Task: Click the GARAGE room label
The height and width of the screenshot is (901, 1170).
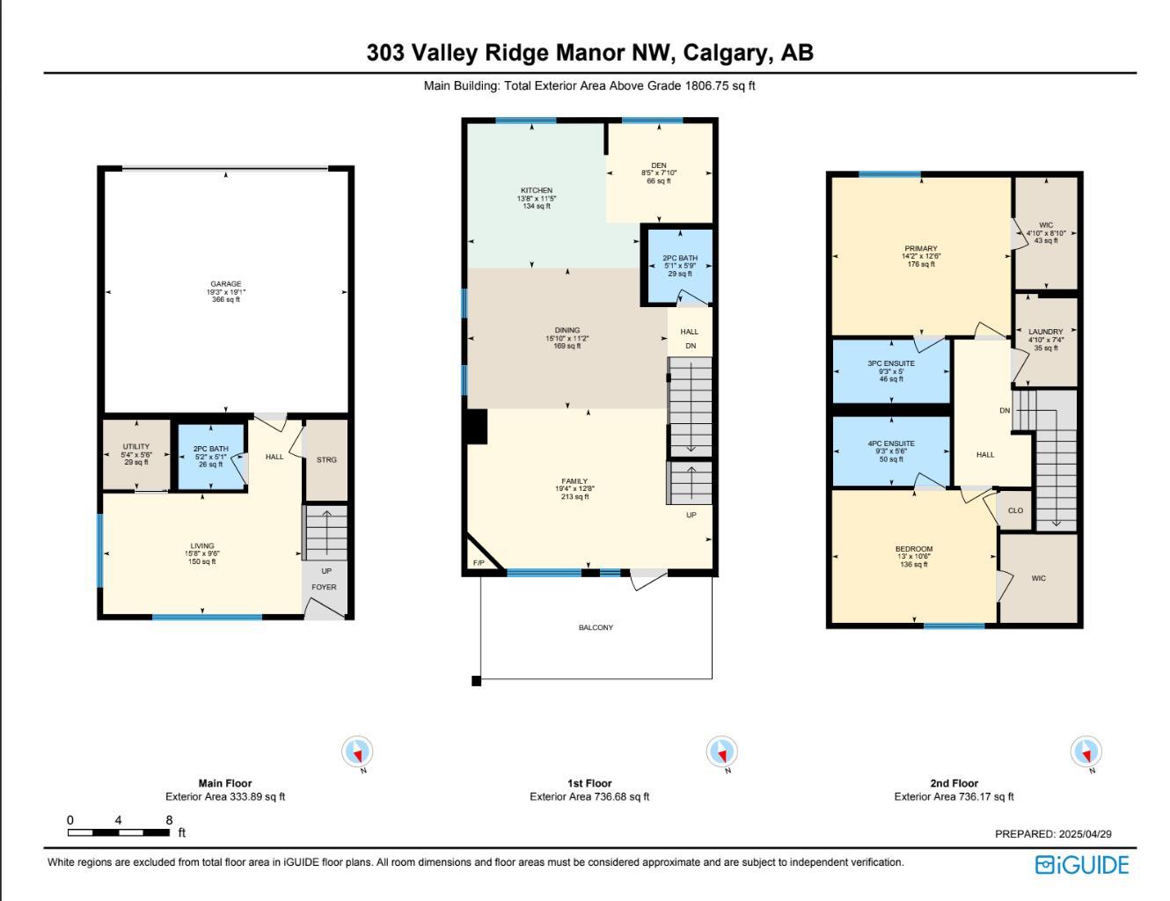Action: point(225,285)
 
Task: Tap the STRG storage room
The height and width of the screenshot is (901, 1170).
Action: point(326,460)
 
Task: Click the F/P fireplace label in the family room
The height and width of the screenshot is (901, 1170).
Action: point(479,563)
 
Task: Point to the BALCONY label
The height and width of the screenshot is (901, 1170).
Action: point(596,628)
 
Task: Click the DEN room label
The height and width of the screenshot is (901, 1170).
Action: point(659,166)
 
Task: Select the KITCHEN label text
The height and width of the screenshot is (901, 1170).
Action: point(537,191)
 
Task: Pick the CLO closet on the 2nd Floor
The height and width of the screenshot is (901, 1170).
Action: point(1015,511)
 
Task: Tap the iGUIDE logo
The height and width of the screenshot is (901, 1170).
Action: point(1081,865)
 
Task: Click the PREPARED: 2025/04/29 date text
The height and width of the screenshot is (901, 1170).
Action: point(1053,834)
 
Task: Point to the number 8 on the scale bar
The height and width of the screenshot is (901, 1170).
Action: point(169,820)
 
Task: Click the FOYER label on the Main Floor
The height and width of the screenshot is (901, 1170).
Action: point(324,588)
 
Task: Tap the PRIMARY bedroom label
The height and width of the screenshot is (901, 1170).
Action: point(921,249)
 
